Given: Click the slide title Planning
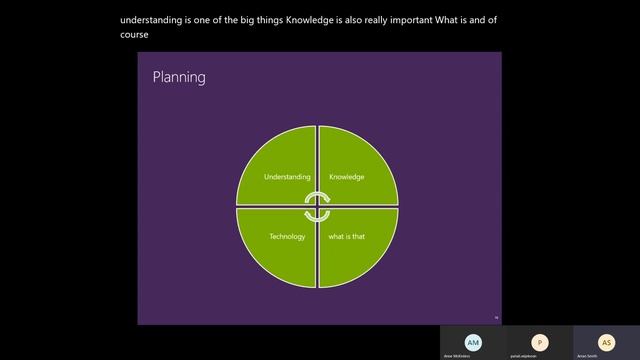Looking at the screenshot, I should pyautogui.click(x=179, y=77).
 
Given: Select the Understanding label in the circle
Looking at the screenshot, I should pyautogui.click(x=287, y=177).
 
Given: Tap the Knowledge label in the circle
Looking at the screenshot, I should pyautogui.click(x=346, y=177).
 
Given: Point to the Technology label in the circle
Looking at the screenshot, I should pyautogui.click(x=287, y=237).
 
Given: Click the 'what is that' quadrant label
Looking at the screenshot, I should pyautogui.click(x=346, y=237).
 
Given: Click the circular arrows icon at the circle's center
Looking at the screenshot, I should pyautogui.click(x=317, y=207).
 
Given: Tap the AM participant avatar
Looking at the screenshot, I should pyautogui.click(x=473, y=341).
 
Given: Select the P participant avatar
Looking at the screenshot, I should pyautogui.click(x=540, y=341).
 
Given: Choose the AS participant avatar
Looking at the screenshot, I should pyautogui.click(x=605, y=341).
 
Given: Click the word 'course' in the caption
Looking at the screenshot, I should pyautogui.click(x=135, y=34).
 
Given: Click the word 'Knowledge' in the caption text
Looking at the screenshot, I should pyautogui.click(x=338, y=19).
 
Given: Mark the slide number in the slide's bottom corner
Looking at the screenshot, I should pyautogui.click(x=496, y=318).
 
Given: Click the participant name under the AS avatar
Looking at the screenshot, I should pyautogui.click(x=605, y=355).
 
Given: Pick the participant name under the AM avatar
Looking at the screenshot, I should pyautogui.click(x=473, y=355).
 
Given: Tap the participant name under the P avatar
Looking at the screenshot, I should pyautogui.click(x=540, y=355).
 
